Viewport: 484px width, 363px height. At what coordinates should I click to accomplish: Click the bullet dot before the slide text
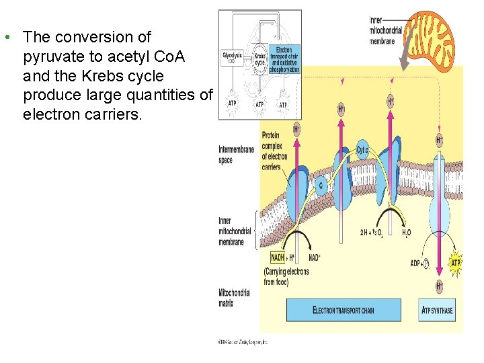click(6, 36)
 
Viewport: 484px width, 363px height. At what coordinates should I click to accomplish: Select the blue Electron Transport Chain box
click(343, 310)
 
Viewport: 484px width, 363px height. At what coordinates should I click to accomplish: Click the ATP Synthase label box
click(437, 310)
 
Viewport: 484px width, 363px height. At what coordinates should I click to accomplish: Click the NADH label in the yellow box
click(277, 257)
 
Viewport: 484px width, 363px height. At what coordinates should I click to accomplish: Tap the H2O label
click(407, 233)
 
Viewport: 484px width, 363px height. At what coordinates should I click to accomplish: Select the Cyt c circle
click(363, 150)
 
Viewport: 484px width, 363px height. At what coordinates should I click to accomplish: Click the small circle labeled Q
click(321, 186)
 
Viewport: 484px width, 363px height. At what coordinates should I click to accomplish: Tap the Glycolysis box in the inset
click(233, 58)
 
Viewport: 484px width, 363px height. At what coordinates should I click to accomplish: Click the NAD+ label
click(314, 257)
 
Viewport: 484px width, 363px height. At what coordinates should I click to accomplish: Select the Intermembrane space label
click(235, 154)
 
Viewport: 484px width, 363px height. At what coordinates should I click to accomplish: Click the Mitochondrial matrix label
click(234, 298)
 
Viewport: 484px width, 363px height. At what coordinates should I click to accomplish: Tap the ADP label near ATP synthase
click(417, 263)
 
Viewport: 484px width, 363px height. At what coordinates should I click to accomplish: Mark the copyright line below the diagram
click(243, 341)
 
